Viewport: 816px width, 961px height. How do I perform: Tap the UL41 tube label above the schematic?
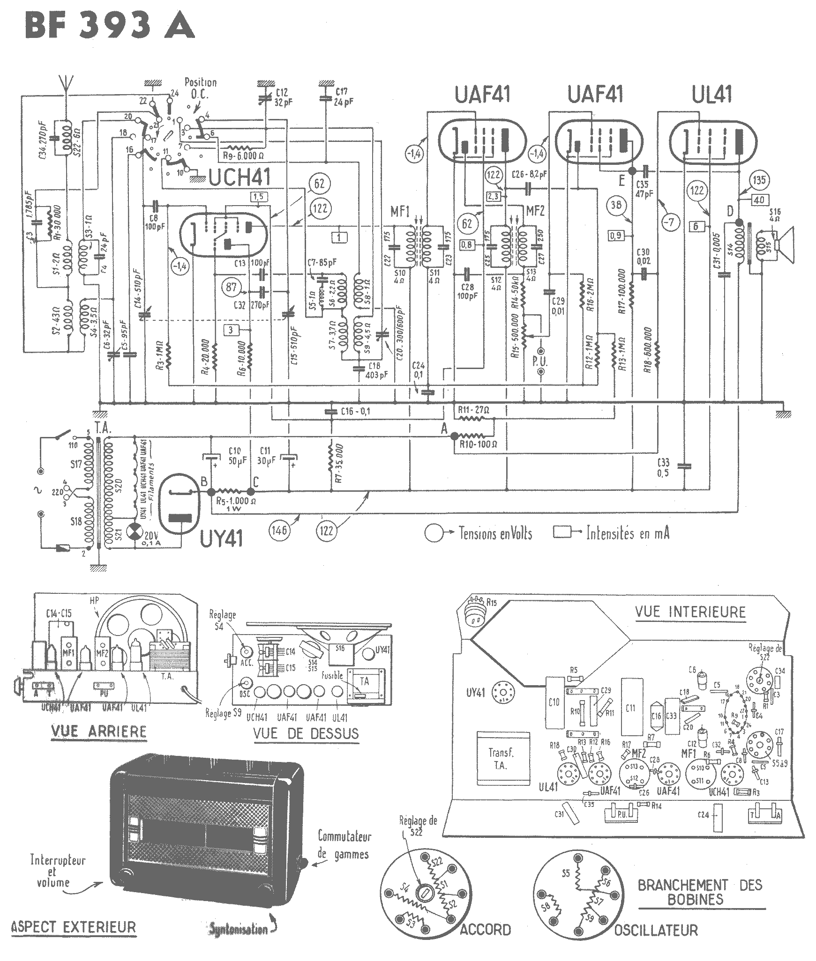[x=711, y=95]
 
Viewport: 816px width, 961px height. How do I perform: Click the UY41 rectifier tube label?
[x=221, y=539]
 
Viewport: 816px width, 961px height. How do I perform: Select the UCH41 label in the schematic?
[x=239, y=178]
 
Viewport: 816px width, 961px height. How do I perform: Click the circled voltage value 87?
[x=232, y=287]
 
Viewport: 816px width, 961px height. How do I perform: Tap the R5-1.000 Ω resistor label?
[x=236, y=501]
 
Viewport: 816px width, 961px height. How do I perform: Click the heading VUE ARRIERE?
[x=98, y=731]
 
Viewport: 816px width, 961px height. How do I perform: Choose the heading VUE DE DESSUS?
[x=306, y=733]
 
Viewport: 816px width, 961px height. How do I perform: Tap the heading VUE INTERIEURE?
[x=690, y=612]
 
